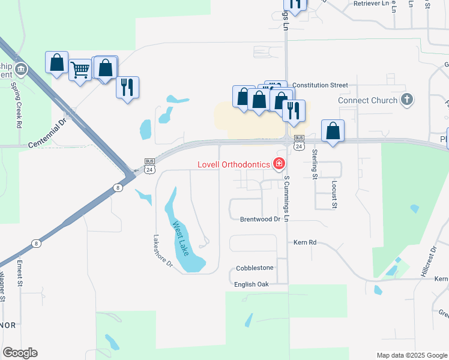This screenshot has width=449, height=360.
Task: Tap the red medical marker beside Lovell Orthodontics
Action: (x=279, y=163)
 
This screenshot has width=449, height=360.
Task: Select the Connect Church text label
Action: (x=367, y=100)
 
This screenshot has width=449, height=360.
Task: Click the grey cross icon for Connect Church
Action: (x=407, y=100)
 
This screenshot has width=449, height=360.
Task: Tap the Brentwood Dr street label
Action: (x=261, y=220)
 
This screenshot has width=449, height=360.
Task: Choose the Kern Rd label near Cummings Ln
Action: (x=304, y=242)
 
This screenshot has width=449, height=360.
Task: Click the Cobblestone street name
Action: (x=255, y=268)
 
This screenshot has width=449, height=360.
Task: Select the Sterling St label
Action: (x=314, y=163)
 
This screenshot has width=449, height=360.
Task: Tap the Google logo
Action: (x=20, y=353)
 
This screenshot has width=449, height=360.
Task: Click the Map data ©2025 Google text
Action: (x=411, y=355)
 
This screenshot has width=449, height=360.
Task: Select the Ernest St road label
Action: (x=20, y=272)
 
